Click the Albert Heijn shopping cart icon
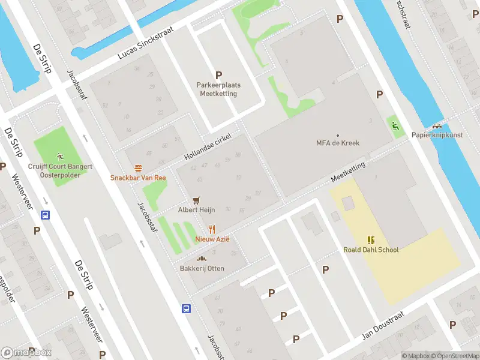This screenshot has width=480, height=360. click(x=196, y=200)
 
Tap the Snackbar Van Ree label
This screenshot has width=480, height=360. click(x=138, y=178)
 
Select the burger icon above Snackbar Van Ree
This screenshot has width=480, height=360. click(x=138, y=168)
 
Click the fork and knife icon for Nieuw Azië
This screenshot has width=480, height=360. click(x=212, y=229)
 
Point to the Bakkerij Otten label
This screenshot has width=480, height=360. click(x=202, y=268)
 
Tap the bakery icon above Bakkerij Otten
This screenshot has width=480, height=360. click(x=202, y=259)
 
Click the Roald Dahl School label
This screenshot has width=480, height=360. click(x=371, y=250)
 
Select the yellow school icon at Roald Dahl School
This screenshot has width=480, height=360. click(x=371, y=239)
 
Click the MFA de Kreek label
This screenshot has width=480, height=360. click(x=337, y=143)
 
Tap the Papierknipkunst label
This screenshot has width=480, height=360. click(x=437, y=135)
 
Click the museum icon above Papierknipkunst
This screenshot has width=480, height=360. click(x=437, y=125)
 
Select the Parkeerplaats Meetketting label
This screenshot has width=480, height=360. click(x=218, y=89)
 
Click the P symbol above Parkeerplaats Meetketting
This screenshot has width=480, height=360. click(x=218, y=76)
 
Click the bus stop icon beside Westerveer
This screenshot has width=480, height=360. click(x=45, y=215)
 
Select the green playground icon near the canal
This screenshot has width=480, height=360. click(x=394, y=125)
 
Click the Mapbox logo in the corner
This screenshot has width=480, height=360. click(x=26, y=352)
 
